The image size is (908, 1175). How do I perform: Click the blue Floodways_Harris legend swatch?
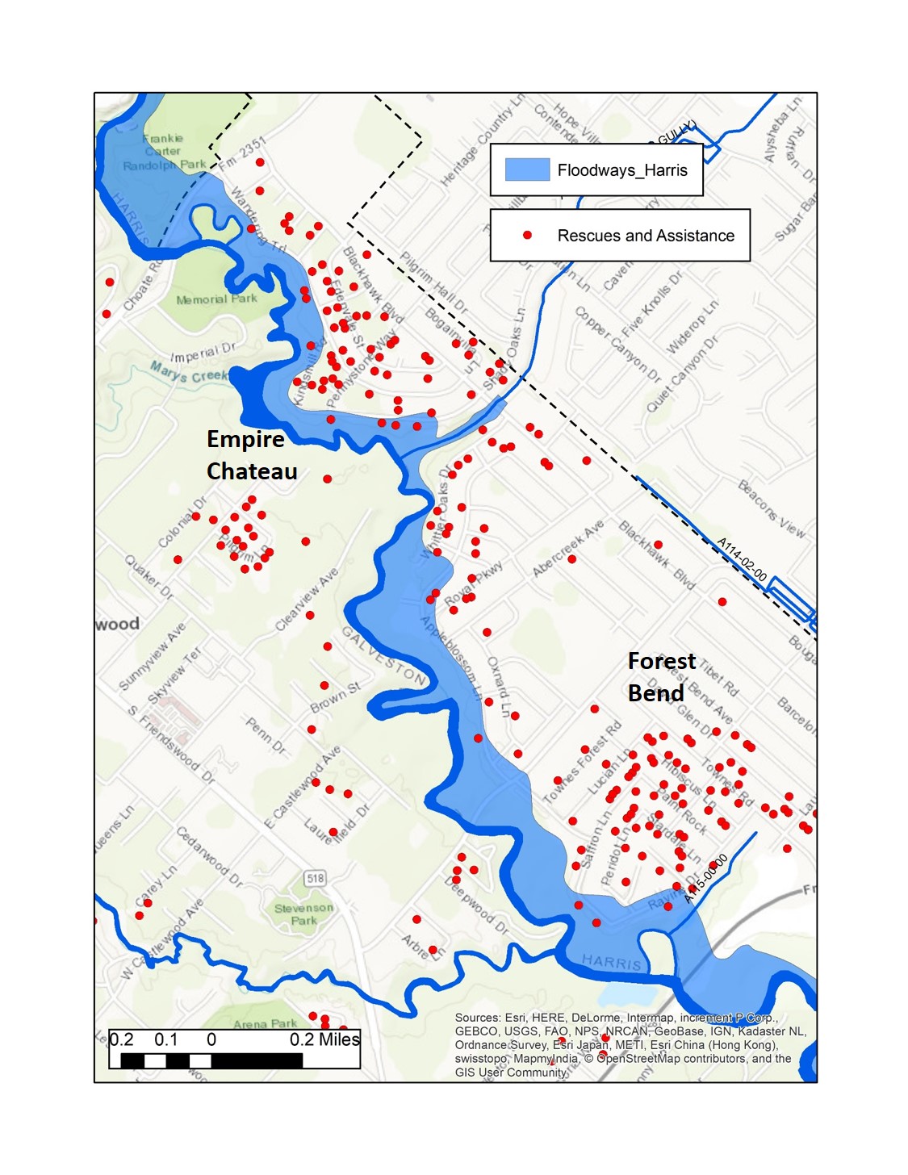tap(527, 169)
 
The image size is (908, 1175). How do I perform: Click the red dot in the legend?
tap(527, 235)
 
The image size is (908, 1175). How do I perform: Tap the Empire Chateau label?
tap(251, 455)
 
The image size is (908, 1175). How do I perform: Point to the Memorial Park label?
tap(216, 299)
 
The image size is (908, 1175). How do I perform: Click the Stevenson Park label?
tap(303, 914)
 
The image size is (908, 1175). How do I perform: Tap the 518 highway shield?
tap(315, 878)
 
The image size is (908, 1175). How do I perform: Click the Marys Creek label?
tap(189, 373)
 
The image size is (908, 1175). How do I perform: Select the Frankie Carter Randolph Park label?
tap(165, 152)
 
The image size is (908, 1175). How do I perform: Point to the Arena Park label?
tap(265, 1024)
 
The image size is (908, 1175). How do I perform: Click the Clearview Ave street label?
tap(307, 599)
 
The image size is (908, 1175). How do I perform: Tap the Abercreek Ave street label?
tap(568, 548)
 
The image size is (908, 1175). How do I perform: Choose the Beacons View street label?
tap(772, 508)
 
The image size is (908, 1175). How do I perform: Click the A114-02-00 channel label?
tap(742, 558)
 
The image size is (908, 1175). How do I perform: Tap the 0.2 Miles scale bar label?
tap(324, 1039)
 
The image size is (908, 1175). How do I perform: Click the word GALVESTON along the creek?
tap(383, 655)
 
